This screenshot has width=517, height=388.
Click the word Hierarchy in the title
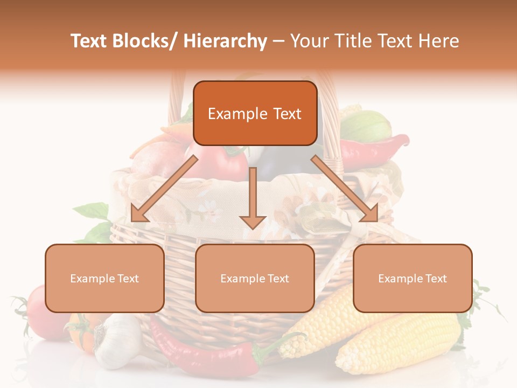click(x=225, y=41)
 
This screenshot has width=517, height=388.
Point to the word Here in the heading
click(x=439, y=41)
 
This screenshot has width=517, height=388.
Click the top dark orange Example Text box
click(x=255, y=113)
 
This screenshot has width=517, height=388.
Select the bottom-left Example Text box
click(x=104, y=278)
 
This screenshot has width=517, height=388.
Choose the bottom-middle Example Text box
click(x=255, y=278)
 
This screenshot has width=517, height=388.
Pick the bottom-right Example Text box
click(x=413, y=278)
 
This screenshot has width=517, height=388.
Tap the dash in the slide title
click(x=278, y=41)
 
